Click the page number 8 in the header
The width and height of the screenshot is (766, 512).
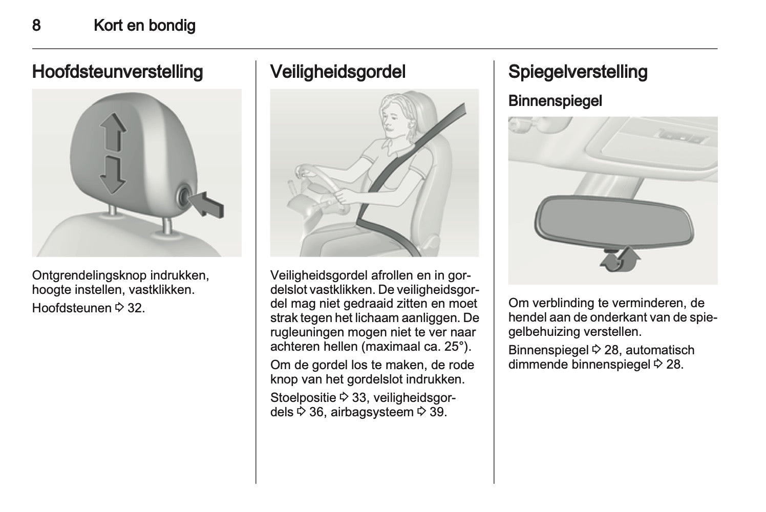(x=36, y=26)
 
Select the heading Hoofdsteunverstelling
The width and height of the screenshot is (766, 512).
(x=117, y=72)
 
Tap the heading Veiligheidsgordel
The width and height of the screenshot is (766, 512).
(x=338, y=72)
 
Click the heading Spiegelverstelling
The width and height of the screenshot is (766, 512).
(x=578, y=72)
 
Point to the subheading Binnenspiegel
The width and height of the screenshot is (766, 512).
(x=555, y=101)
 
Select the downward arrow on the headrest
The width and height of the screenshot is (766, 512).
(x=113, y=176)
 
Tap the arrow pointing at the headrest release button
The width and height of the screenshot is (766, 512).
(x=206, y=204)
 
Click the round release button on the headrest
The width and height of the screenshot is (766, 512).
(x=184, y=197)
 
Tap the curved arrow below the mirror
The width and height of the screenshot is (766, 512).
(x=620, y=261)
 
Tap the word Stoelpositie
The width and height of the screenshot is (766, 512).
(x=303, y=398)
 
